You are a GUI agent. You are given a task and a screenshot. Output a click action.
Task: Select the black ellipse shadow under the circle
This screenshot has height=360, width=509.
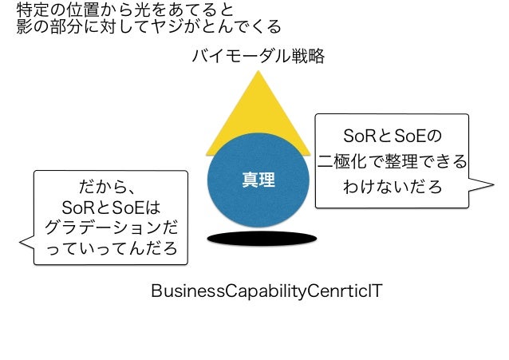click(257, 237)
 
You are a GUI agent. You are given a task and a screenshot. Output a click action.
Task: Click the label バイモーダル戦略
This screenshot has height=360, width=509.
click(258, 56)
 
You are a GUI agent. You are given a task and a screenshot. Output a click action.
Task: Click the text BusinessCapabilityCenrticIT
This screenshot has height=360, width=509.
click(266, 290)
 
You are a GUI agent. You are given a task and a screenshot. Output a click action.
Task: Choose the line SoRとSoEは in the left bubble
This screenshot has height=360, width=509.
click(111, 208)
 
